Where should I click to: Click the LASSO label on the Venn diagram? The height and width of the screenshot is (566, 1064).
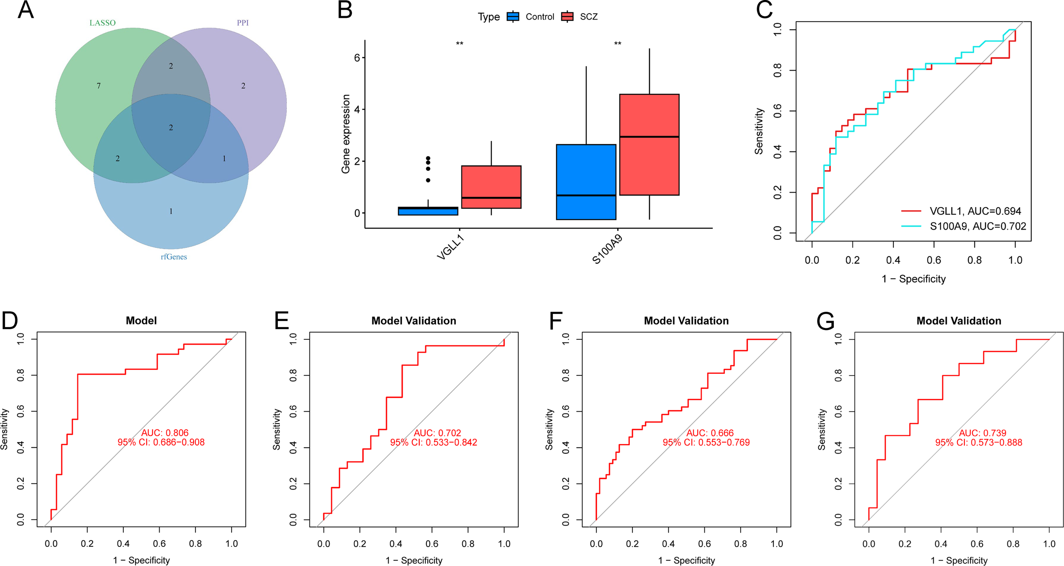(x=102, y=23)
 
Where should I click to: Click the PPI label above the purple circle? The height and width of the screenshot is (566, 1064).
(x=243, y=23)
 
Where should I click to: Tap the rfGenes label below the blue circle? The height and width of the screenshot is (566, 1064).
(x=174, y=257)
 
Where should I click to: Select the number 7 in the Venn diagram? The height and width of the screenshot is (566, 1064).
(x=99, y=86)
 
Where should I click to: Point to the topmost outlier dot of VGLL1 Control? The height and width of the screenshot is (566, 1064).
(x=428, y=158)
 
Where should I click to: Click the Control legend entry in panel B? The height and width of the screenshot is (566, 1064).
(x=539, y=17)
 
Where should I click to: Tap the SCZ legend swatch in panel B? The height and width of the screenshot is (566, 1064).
(x=567, y=17)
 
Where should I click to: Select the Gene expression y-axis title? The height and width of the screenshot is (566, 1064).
(x=346, y=134)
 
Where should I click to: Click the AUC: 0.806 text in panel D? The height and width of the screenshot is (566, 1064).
(x=165, y=433)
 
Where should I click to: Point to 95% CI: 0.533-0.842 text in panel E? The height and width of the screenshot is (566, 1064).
(x=433, y=442)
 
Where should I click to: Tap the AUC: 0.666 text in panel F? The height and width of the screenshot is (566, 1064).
(x=710, y=433)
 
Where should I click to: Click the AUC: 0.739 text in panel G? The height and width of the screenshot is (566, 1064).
(x=982, y=433)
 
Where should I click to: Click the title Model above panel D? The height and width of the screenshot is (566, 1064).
(x=141, y=321)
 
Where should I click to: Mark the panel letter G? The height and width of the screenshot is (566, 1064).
(x=825, y=321)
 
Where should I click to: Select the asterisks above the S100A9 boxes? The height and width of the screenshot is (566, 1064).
(x=618, y=44)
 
